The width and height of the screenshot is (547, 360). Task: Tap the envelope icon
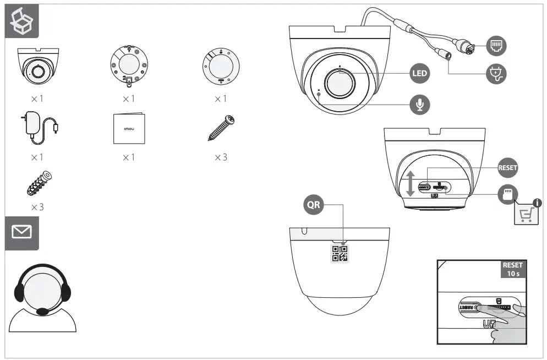pyautogui.click(x=22, y=232)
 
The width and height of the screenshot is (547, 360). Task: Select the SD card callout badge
pyautogui.click(x=508, y=194)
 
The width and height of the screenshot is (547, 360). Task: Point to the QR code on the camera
pyautogui.click(x=340, y=252)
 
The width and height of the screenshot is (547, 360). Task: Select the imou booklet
pyautogui.click(x=129, y=128)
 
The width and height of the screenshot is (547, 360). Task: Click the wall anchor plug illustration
pyautogui.click(x=39, y=183)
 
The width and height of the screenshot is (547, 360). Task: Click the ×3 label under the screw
pyautogui.click(x=220, y=157)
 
